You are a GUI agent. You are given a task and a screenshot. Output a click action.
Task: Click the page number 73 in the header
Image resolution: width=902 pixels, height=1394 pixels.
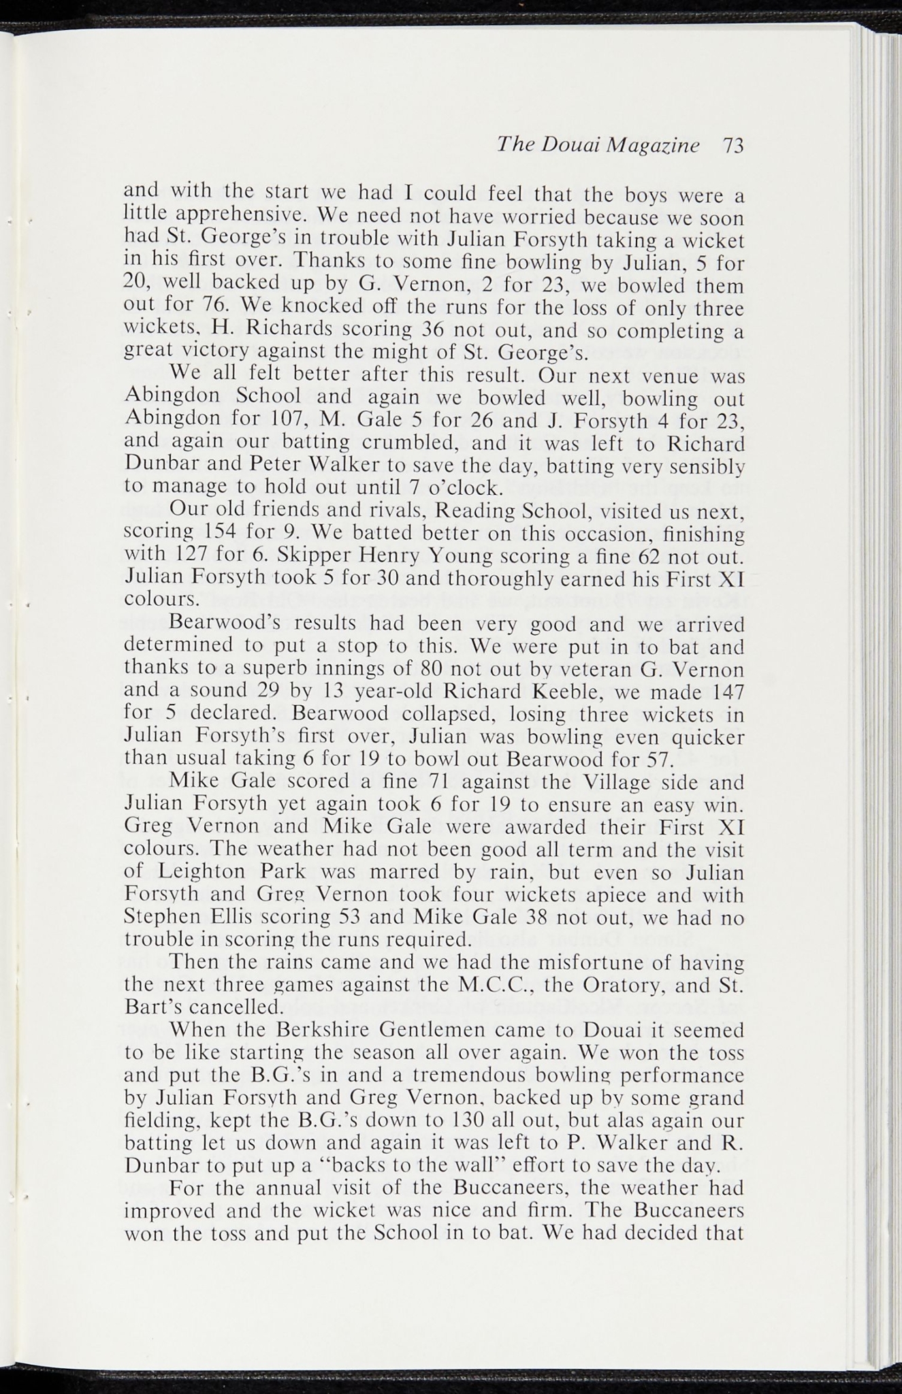(732, 146)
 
